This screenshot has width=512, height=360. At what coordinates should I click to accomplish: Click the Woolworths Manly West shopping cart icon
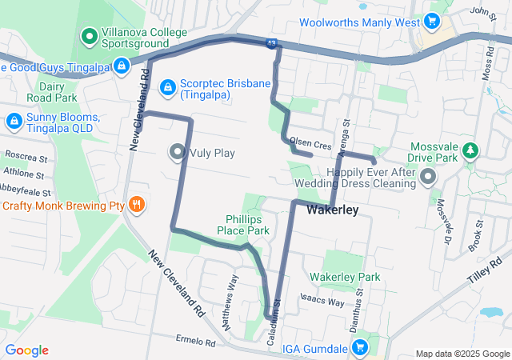tap(433, 22)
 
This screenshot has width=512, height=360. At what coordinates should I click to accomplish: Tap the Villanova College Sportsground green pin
tap(89, 35)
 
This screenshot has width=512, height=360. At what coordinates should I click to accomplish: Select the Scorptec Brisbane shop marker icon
tap(168, 86)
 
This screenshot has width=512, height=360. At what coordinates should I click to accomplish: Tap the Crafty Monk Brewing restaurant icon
tap(137, 205)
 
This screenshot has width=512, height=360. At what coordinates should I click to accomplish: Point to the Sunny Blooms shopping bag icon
tap(14, 122)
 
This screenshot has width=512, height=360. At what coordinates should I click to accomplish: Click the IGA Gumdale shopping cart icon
tap(359, 348)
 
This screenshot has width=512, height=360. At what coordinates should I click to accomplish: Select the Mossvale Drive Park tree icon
tap(471, 148)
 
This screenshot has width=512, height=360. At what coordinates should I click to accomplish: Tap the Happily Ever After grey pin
tap(429, 176)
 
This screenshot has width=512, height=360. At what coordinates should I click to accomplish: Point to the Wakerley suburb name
tap(330, 210)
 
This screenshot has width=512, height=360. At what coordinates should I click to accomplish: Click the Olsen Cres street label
tap(310, 144)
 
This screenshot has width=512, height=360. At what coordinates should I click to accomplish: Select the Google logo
tap(26, 350)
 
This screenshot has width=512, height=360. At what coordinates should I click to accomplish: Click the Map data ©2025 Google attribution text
tap(462, 354)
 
